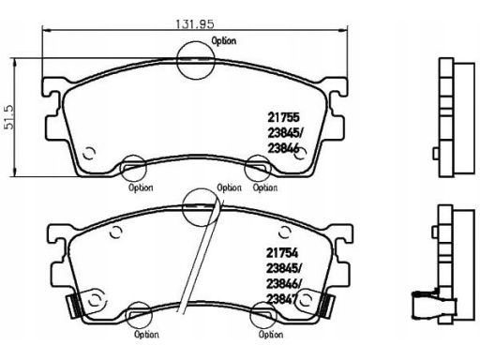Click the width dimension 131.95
click(x=195, y=24)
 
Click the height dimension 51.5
click(x=9, y=117)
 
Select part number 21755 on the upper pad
click(x=283, y=117)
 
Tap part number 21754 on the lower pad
click(x=282, y=253)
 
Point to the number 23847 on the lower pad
click(x=281, y=299)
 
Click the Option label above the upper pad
click(x=224, y=41)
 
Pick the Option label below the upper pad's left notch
click(x=141, y=187)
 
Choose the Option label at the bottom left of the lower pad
click(x=146, y=335)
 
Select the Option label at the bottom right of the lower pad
click(x=271, y=335)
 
